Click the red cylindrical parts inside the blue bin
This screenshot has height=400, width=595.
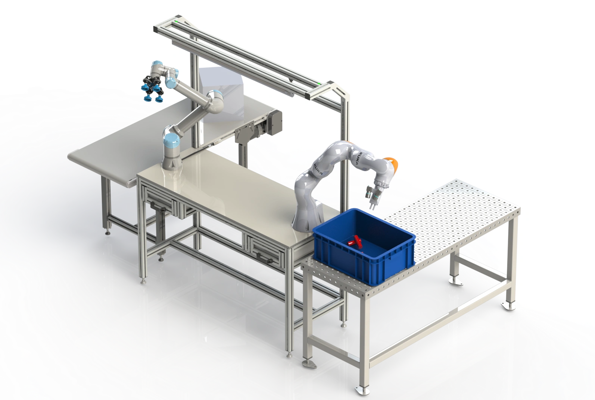coord(355,240)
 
